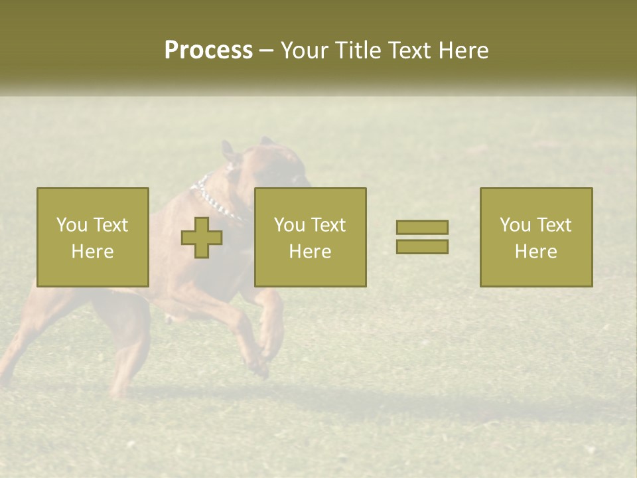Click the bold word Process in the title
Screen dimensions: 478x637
click(208, 50)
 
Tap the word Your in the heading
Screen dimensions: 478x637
click(305, 50)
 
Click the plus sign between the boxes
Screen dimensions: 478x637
click(202, 237)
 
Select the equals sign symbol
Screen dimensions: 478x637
click(422, 237)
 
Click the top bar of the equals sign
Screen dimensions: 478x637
click(422, 227)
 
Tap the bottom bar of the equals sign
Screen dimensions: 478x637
click(422, 247)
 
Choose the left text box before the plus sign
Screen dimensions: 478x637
click(93, 237)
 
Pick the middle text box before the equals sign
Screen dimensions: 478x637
click(311, 237)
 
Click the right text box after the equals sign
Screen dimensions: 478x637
click(536, 237)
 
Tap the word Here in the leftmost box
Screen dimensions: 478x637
click(93, 252)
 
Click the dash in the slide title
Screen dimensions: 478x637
click(267, 50)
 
